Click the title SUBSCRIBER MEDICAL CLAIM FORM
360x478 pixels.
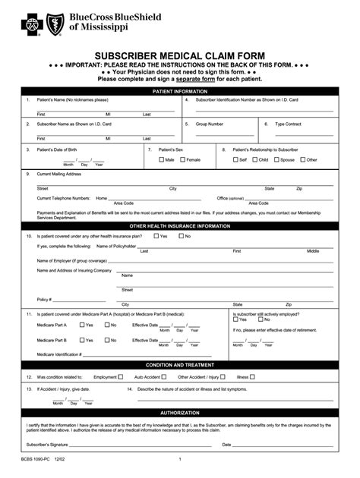pyautogui.click(x=180, y=56)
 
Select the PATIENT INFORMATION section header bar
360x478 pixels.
pyautogui.click(x=180, y=90)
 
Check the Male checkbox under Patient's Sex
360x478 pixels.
pyautogui.click(x=162, y=160)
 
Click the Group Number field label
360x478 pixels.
pyautogui.click(x=210, y=124)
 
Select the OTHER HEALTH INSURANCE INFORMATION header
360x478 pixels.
pyautogui.click(x=180, y=226)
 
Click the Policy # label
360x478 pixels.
pyautogui.click(x=44, y=298)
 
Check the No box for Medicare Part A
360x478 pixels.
pyautogui.click(x=106, y=325)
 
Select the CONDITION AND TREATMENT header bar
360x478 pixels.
pyautogui.click(x=180, y=365)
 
